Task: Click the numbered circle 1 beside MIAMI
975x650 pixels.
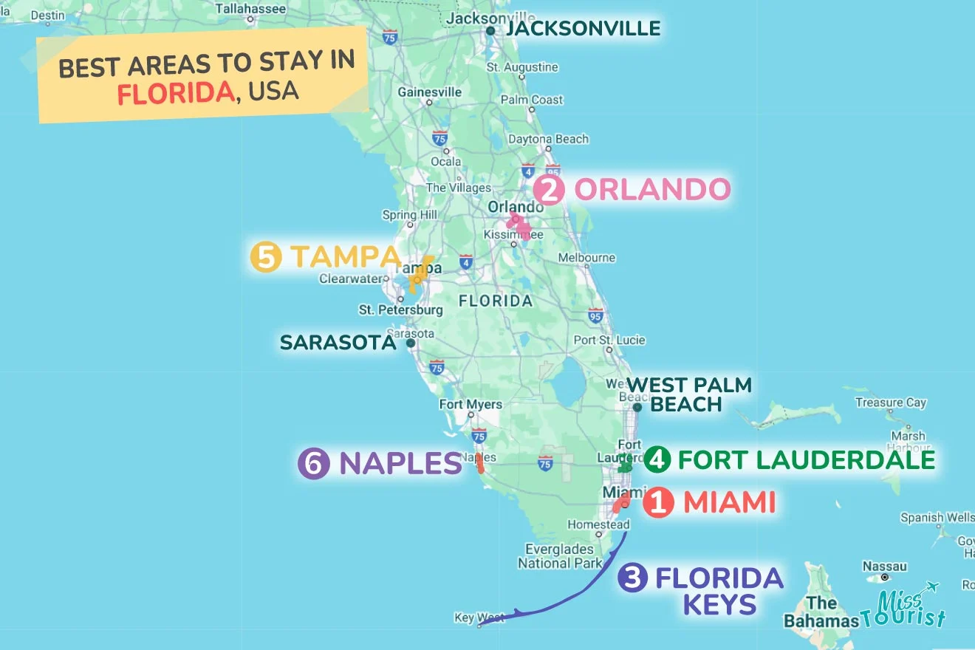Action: [657, 504]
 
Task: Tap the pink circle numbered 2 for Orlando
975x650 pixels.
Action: [550, 191]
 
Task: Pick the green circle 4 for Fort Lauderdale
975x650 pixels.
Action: [657, 459]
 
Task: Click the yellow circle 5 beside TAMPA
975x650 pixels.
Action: [265, 257]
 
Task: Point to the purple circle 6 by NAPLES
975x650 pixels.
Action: [313, 464]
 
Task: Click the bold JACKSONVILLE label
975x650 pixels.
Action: [583, 29]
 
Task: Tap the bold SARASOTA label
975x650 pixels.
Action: [338, 343]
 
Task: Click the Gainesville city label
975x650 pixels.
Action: [429, 92]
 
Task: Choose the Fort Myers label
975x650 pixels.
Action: [471, 404]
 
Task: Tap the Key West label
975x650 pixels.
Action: [479, 617]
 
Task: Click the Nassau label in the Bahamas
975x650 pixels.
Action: [884, 567]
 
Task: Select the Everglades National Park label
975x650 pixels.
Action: [560, 555]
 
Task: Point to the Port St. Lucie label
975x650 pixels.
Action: [609, 341]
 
